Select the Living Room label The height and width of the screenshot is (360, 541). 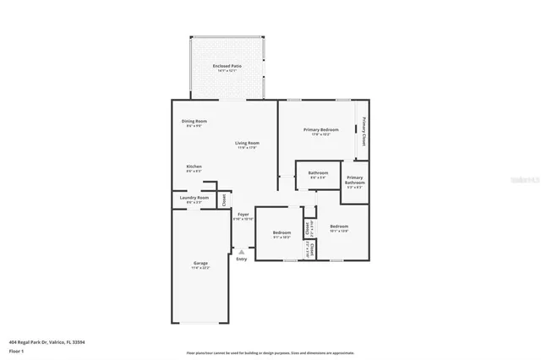point(247,145)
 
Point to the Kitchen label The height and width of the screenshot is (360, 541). point(194,168)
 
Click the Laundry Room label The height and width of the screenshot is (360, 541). point(194,199)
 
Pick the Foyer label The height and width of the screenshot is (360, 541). point(243,216)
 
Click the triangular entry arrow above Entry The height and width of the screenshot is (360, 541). point(243,251)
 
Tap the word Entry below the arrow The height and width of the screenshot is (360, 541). point(243,259)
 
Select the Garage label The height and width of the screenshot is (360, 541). point(200,265)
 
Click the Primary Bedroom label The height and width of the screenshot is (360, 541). point(320,131)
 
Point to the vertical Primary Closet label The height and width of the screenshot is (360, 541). point(363,131)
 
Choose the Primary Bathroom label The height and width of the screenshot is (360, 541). point(355,181)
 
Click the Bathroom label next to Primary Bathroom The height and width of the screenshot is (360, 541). point(318,174)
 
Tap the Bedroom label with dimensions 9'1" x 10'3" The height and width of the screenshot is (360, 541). point(281,234)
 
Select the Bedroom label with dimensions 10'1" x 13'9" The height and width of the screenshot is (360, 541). point(339,227)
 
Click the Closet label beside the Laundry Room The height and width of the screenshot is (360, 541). point(223,200)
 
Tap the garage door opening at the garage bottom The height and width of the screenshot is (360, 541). point(200,323)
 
